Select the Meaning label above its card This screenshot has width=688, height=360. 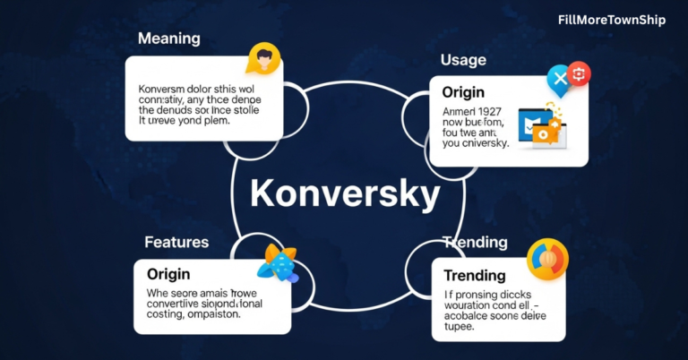point(169,39)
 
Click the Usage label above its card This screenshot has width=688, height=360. point(463,60)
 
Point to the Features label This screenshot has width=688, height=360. point(176,242)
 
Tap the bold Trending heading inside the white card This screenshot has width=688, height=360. point(475,276)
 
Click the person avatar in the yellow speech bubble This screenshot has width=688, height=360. point(264,60)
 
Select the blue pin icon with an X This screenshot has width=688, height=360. point(559,81)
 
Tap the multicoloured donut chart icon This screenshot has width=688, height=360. point(547,259)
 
